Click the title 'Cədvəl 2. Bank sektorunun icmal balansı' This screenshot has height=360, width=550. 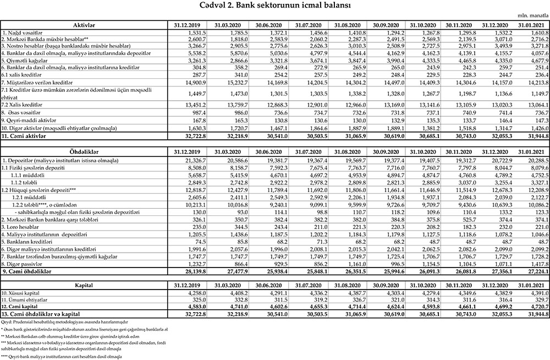(276, 7)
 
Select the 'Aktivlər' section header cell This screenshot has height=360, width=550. (84, 25)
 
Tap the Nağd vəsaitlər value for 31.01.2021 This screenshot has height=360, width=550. (536, 34)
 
